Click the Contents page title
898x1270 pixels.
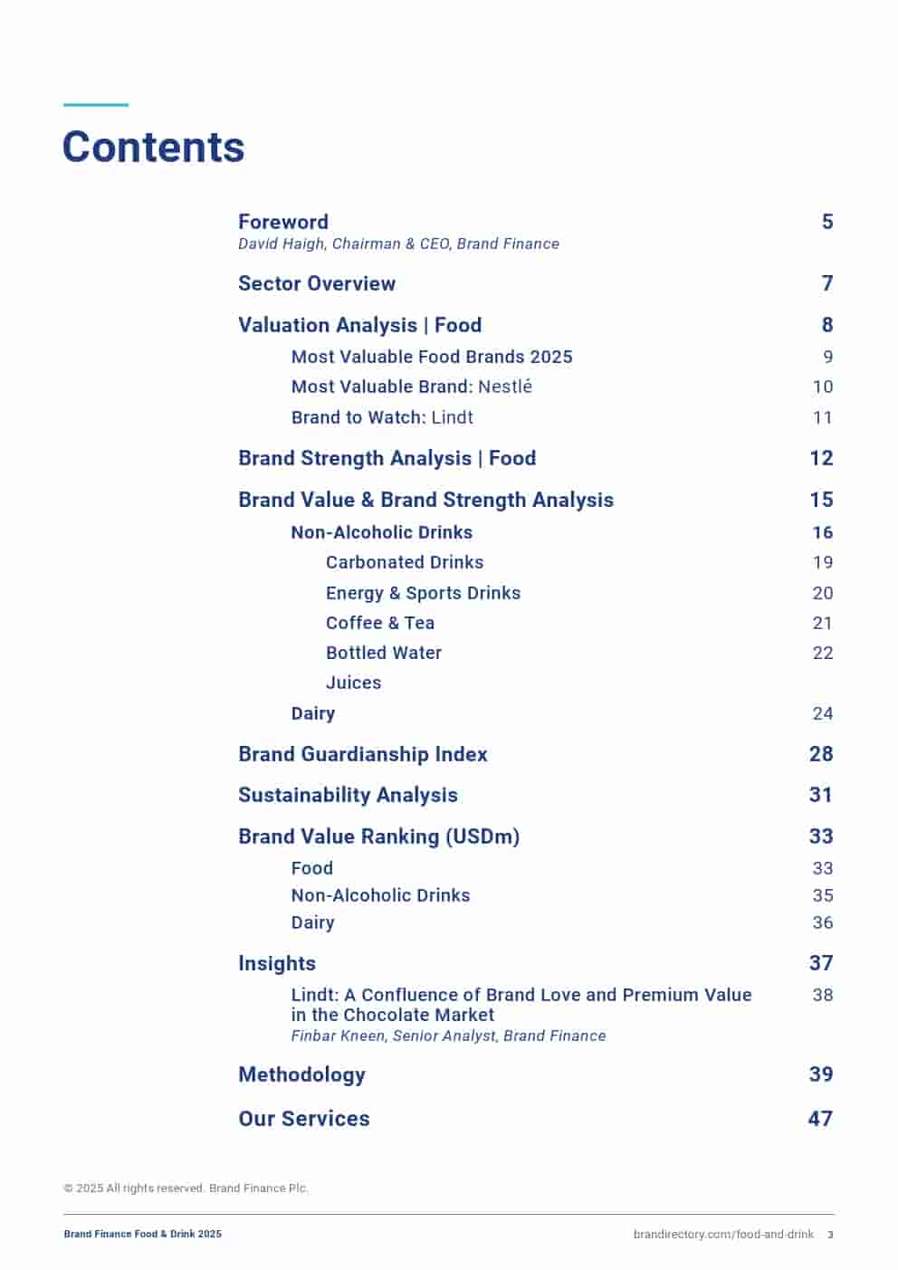[x=153, y=148]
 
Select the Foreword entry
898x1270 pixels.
[x=282, y=222]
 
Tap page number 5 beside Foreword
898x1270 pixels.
[x=826, y=222]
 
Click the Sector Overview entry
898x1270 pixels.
[x=316, y=283]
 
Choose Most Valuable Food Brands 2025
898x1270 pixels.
[x=431, y=357]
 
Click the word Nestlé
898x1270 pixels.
[x=504, y=387]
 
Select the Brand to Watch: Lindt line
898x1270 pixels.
[x=381, y=417]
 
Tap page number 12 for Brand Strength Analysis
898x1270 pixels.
[x=820, y=458]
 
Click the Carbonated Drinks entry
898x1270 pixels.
[x=404, y=562]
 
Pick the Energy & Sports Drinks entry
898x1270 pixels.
[x=423, y=593]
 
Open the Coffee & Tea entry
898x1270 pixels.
[x=379, y=623]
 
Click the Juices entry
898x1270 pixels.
[x=353, y=683]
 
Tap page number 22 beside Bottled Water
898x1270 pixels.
[x=822, y=653]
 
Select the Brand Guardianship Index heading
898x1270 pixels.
[x=362, y=754]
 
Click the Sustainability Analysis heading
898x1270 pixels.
[x=348, y=795]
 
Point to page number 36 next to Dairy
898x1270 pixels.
[x=822, y=922]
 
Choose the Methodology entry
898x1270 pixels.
[x=301, y=1074]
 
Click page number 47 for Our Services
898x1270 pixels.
[x=819, y=1119]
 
